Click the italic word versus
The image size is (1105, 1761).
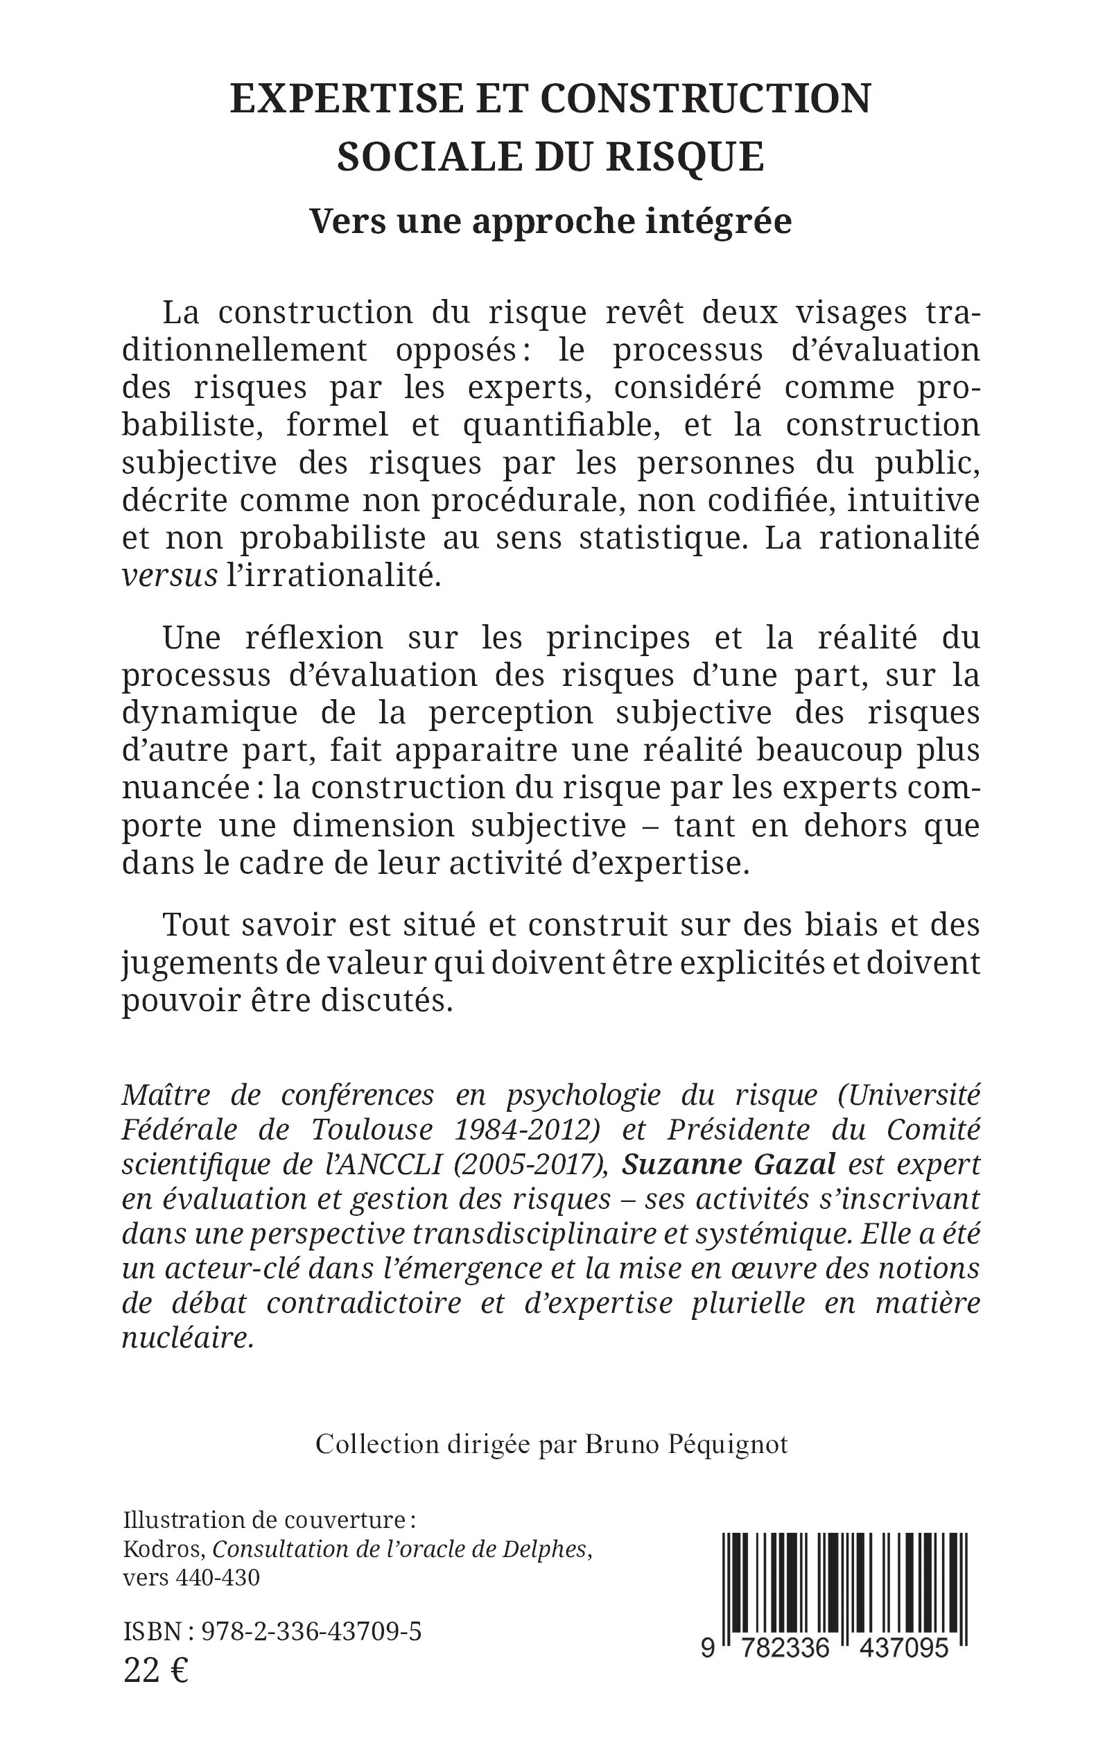170,576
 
